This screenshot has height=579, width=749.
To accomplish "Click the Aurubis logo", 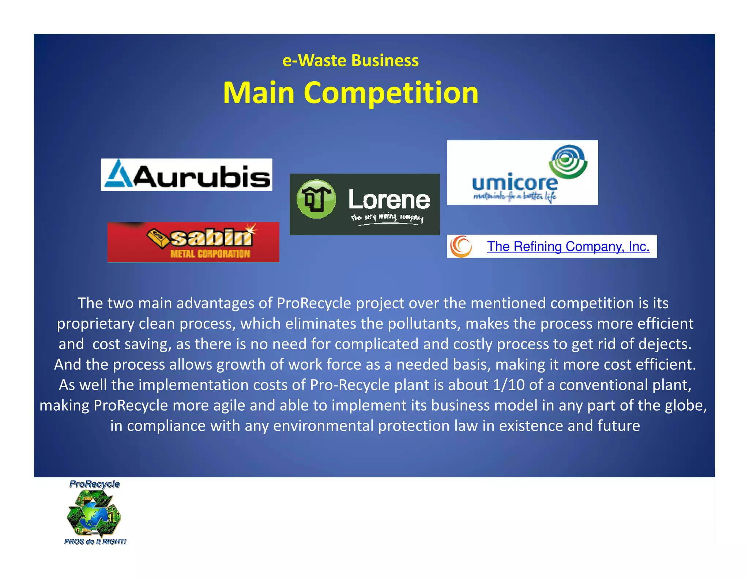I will (x=187, y=175).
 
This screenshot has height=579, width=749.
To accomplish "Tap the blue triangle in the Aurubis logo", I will (x=118, y=174).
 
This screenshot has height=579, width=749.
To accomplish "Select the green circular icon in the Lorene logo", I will (x=316, y=199).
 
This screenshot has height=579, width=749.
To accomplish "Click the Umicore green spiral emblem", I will (x=569, y=161).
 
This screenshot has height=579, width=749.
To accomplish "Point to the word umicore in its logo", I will (x=515, y=183).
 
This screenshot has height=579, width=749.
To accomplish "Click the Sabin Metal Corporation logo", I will (x=193, y=242).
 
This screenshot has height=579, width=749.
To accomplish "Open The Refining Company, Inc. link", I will (x=568, y=246).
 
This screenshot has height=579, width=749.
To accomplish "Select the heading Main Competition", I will (x=351, y=93).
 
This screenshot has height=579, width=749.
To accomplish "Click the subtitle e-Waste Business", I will (x=350, y=60).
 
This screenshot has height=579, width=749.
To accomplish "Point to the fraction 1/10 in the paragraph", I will (x=509, y=385).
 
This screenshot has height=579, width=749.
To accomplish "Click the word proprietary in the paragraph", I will (x=95, y=324).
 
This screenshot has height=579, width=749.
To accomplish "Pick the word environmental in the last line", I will (x=323, y=426).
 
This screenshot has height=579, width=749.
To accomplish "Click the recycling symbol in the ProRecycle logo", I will (x=94, y=514).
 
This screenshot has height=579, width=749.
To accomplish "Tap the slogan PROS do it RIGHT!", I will (x=95, y=542).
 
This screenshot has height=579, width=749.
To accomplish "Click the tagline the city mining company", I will (x=387, y=217).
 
